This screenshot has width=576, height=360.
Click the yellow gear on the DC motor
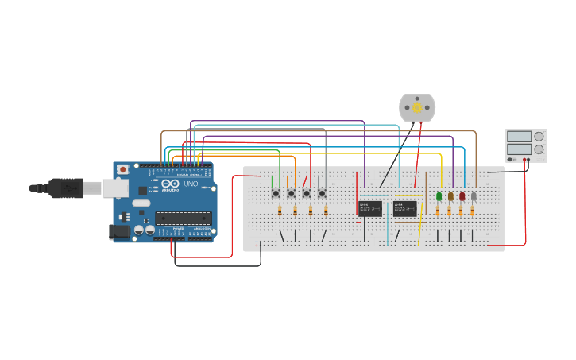(x=417, y=107)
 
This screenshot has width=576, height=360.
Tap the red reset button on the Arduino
(x=123, y=169)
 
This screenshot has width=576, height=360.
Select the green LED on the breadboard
(x=439, y=196)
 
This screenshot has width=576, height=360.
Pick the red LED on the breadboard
(x=462, y=196)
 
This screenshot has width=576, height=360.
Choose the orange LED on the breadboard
(x=450, y=196)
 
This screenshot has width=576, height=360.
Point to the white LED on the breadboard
(x=474, y=196)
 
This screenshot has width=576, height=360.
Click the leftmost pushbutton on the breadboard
(x=276, y=193)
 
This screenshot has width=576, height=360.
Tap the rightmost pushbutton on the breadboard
(x=322, y=193)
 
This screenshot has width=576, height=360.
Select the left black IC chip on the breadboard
(x=370, y=208)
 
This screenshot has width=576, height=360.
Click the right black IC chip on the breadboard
(x=404, y=208)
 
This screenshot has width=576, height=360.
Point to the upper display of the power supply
(x=519, y=137)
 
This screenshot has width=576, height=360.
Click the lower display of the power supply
(x=519, y=149)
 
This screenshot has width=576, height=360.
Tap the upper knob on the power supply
(x=539, y=136)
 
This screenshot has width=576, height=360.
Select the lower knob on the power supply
(x=539, y=149)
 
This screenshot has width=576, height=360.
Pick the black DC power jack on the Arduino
(x=118, y=231)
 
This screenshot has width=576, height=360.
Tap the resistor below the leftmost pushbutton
(x=280, y=211)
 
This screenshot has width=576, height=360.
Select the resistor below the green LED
(x=438, y=211)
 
